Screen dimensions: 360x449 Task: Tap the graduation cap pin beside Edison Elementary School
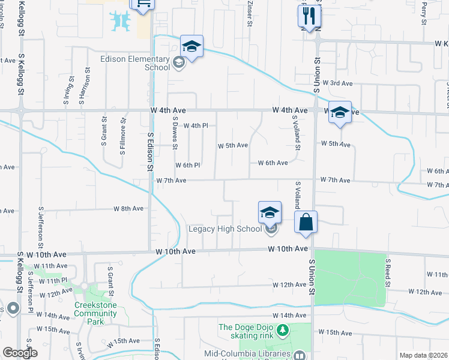click(x=191, y=47)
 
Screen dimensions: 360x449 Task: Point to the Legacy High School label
click(x=224, y=229)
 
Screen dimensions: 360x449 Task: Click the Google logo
click(x=20, y=352)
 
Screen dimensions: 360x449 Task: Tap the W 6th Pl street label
click(x=187, y=165)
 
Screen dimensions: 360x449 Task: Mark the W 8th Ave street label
click(x=128, y=209)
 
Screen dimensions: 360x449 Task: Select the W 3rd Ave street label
click(x=337, y=83)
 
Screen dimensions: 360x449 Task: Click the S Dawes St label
click(x=175, y=133)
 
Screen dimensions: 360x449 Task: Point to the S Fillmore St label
click(x=122, y=139)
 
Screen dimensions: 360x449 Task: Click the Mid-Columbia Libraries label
click(x=255, y=354)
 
